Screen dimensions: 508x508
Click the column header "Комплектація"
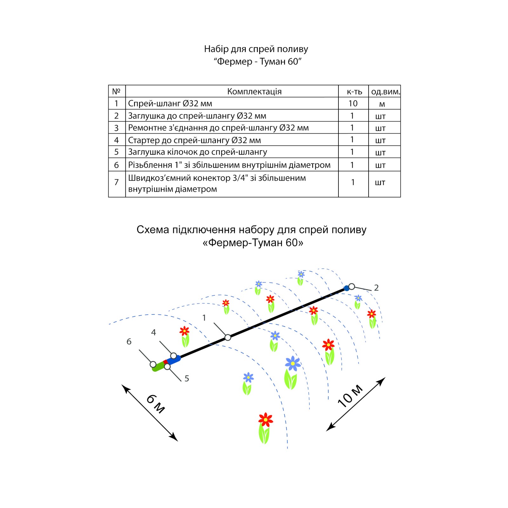coord(254,91)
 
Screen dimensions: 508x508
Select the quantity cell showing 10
coord(353,104)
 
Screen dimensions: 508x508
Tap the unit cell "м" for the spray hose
coord(382,104)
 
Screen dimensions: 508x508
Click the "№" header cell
coord(116,91)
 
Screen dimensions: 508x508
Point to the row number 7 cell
coord(117,182)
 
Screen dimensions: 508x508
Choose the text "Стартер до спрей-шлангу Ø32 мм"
coord(194,140)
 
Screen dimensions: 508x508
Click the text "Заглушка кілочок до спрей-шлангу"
coord(197,152)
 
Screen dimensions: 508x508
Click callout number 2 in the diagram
coord(376,288)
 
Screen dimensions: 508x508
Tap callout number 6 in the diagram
coord(129,342)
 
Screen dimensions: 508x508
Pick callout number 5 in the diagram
coord(187,378)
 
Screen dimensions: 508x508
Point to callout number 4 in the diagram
coord(154,332)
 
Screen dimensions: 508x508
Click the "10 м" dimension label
coord(350,396)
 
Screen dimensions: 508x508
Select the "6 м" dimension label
coord(156,404)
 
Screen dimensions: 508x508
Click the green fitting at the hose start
coord(158,367)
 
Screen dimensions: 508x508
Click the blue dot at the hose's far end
coord(347,288)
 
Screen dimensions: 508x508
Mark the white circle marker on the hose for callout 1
coord(228,338)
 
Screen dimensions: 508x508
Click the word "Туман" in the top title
coord(273,62)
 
